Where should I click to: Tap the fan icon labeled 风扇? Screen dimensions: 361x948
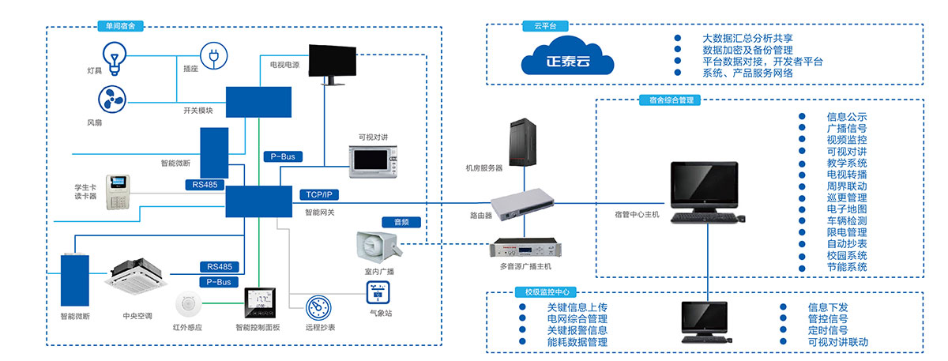tap(111, 100)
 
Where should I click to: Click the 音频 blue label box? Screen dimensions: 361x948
tap(401, 223)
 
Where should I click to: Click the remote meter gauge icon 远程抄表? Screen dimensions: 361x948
tap(319, 309)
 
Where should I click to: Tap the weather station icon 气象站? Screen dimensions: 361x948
tap(377, 293)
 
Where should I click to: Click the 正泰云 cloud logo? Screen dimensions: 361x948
tap(568, 58)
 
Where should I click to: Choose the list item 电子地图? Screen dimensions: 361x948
tap(847, 209)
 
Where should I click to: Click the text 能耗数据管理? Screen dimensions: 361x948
tap(577, 342)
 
